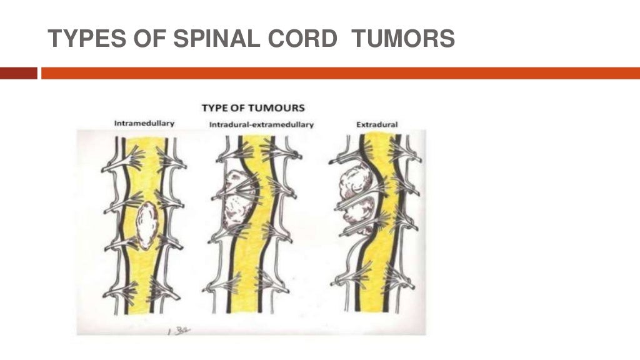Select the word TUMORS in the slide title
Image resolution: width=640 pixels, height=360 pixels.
[403, 39]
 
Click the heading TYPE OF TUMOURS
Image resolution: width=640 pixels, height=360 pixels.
[252, 108]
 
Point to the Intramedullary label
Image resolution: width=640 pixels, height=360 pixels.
[144, 124]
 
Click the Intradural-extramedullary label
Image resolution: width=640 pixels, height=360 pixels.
[261, 125]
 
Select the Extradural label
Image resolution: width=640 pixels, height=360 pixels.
[377, 125]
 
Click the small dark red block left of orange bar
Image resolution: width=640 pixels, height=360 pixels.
[19, 73]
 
